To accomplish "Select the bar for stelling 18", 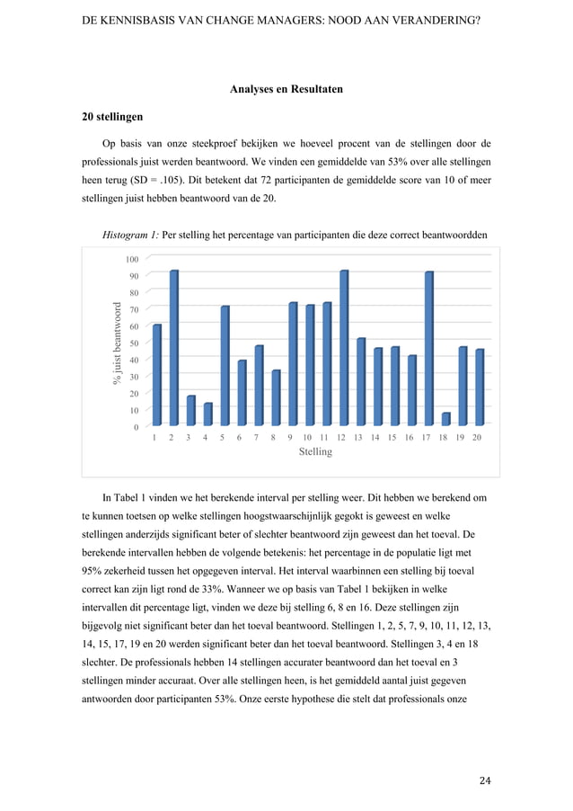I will point(445,419).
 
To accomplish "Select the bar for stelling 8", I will point(276,397).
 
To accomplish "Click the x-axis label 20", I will point(478,437).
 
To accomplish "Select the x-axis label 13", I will point(358,437).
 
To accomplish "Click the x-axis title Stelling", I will point(314,452).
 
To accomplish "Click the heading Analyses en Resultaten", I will point(286,89).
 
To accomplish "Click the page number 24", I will point(485,780).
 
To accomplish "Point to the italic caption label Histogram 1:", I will point(131,236).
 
